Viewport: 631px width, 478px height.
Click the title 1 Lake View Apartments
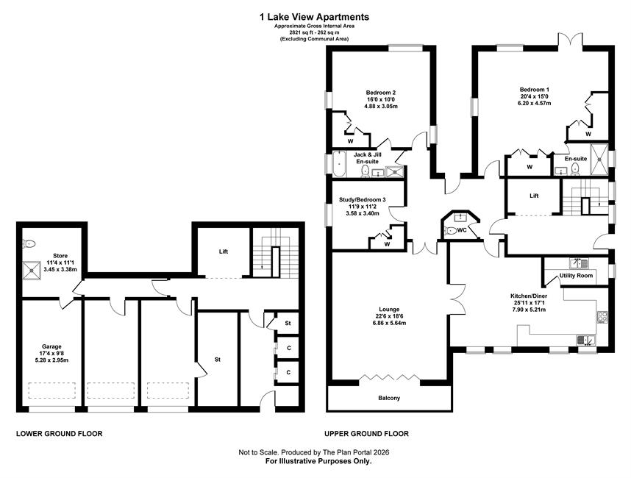(314, 17)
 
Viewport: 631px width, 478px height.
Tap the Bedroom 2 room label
(380, 93)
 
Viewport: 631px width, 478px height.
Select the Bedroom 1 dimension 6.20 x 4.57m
(534, 104)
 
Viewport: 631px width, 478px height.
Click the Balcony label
(389, 398)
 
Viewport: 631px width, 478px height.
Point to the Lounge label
(389, 310)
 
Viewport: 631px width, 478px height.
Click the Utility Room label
(576, 276)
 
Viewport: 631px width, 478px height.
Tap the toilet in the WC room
(450, 231)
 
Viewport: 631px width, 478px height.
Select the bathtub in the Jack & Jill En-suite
(339, 164)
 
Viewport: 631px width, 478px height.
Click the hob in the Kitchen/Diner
(602, 317)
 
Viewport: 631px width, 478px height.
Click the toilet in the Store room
(29, 243)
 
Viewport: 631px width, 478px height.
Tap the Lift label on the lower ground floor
(224, 252)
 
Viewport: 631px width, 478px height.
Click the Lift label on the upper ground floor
(534, 196)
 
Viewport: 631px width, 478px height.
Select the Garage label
(52, 346)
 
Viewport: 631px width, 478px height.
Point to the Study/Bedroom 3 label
(363, 199)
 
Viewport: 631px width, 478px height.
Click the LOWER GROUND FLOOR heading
(59, 434)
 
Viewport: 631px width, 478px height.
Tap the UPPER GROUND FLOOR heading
(366, 434)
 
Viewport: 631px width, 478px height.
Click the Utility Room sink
(579, 263)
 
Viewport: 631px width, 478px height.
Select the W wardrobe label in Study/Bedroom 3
(387, 244)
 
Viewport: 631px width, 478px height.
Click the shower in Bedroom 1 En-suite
(599, 159)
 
